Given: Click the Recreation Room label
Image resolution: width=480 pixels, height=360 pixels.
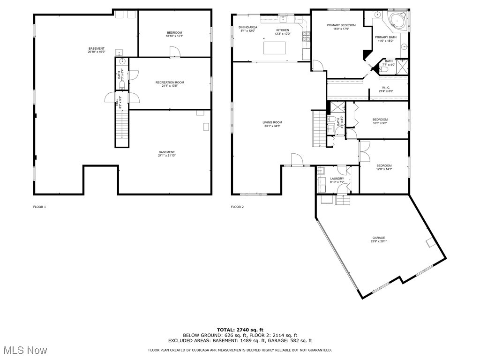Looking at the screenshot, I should pos(169,84).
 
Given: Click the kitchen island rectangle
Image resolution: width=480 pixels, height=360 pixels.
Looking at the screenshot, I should pos(275,48).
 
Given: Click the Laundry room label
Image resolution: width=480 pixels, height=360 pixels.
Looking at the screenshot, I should pos(337,180).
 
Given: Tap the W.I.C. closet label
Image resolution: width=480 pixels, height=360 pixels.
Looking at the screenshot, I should pos(386,89).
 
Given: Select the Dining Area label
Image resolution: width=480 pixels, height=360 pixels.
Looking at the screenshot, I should pos(247,29).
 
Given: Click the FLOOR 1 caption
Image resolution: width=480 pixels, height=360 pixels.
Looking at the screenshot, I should pos(39,207).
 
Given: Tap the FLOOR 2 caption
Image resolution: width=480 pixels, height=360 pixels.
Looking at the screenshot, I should pos(237,207).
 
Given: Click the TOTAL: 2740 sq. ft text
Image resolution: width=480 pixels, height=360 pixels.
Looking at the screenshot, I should pos(240,330).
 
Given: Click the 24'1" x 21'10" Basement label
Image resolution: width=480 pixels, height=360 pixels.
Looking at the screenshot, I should pos(166,154).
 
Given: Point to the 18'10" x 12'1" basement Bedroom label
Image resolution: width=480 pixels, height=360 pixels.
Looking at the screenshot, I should pos(174,34).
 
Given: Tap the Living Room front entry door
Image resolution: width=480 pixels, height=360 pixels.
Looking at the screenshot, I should pos(297,160).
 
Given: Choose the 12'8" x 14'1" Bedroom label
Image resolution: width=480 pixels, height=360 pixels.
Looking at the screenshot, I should pos(384,167).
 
